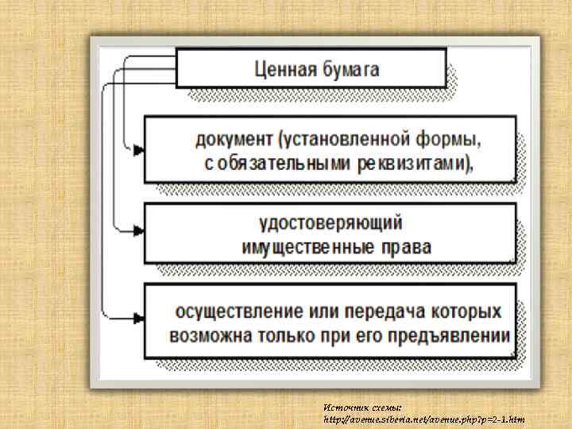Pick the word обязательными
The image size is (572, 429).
pos(279,164)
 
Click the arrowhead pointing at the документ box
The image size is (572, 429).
pos(138,149)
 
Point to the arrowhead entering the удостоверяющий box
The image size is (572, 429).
pos(138,230)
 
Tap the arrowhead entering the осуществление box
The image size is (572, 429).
pos(138,316)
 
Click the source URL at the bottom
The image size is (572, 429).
pos(423,419)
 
